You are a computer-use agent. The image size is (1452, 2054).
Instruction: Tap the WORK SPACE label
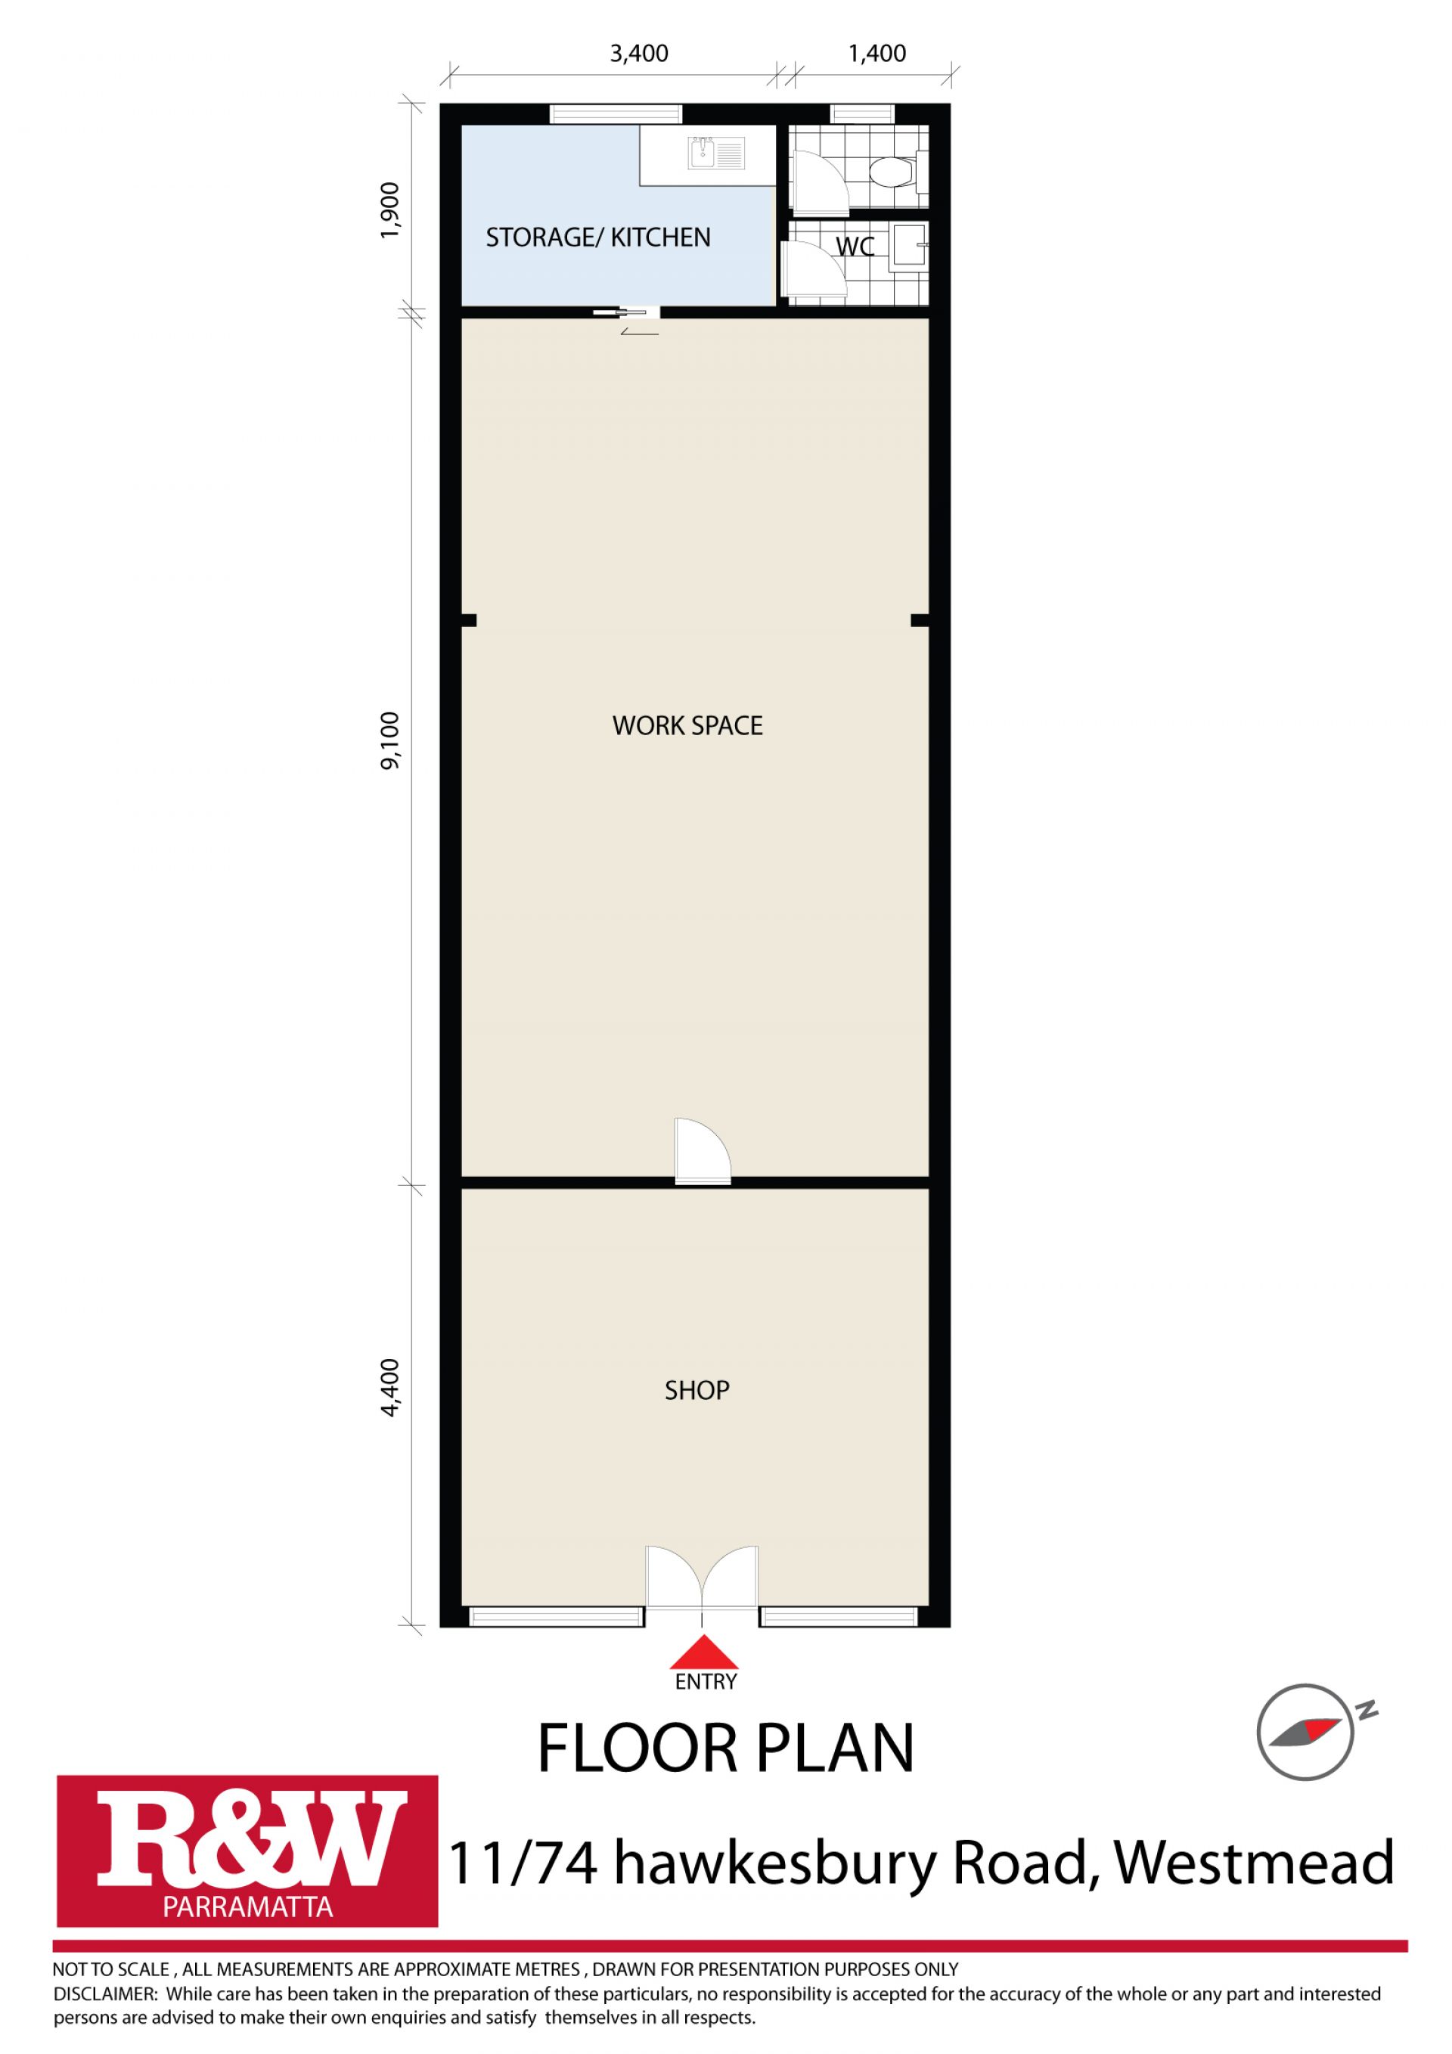tap(687, 725)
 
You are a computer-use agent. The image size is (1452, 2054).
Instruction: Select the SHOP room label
tap(697, 1390)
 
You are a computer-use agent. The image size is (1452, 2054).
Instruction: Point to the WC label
tap(855, 247)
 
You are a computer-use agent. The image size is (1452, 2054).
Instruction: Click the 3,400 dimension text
tap(639, 54)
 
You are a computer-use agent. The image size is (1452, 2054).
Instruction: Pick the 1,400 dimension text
tap(876, 54)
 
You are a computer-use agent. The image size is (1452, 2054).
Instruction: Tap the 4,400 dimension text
tap(392, 1388)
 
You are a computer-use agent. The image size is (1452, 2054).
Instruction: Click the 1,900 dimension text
tap(392, 211)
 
